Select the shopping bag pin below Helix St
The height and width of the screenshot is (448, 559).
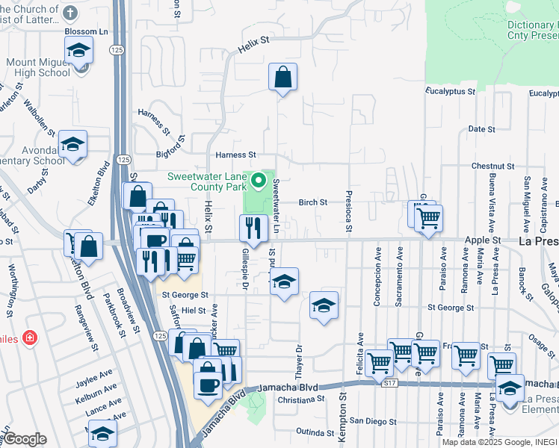click(283, 78)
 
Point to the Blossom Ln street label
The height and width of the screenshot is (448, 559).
click(87, 32)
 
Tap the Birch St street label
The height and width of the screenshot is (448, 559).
click(313, 202)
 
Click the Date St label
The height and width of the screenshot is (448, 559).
click(481, 129)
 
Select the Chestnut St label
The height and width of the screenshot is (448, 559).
click(493, 166)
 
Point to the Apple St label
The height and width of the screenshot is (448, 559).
click(484, 240)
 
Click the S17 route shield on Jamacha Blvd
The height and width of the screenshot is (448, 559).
click(388, 383)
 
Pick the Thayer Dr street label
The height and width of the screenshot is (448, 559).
click(298, 359)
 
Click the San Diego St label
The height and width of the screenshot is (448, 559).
click(372, 421)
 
